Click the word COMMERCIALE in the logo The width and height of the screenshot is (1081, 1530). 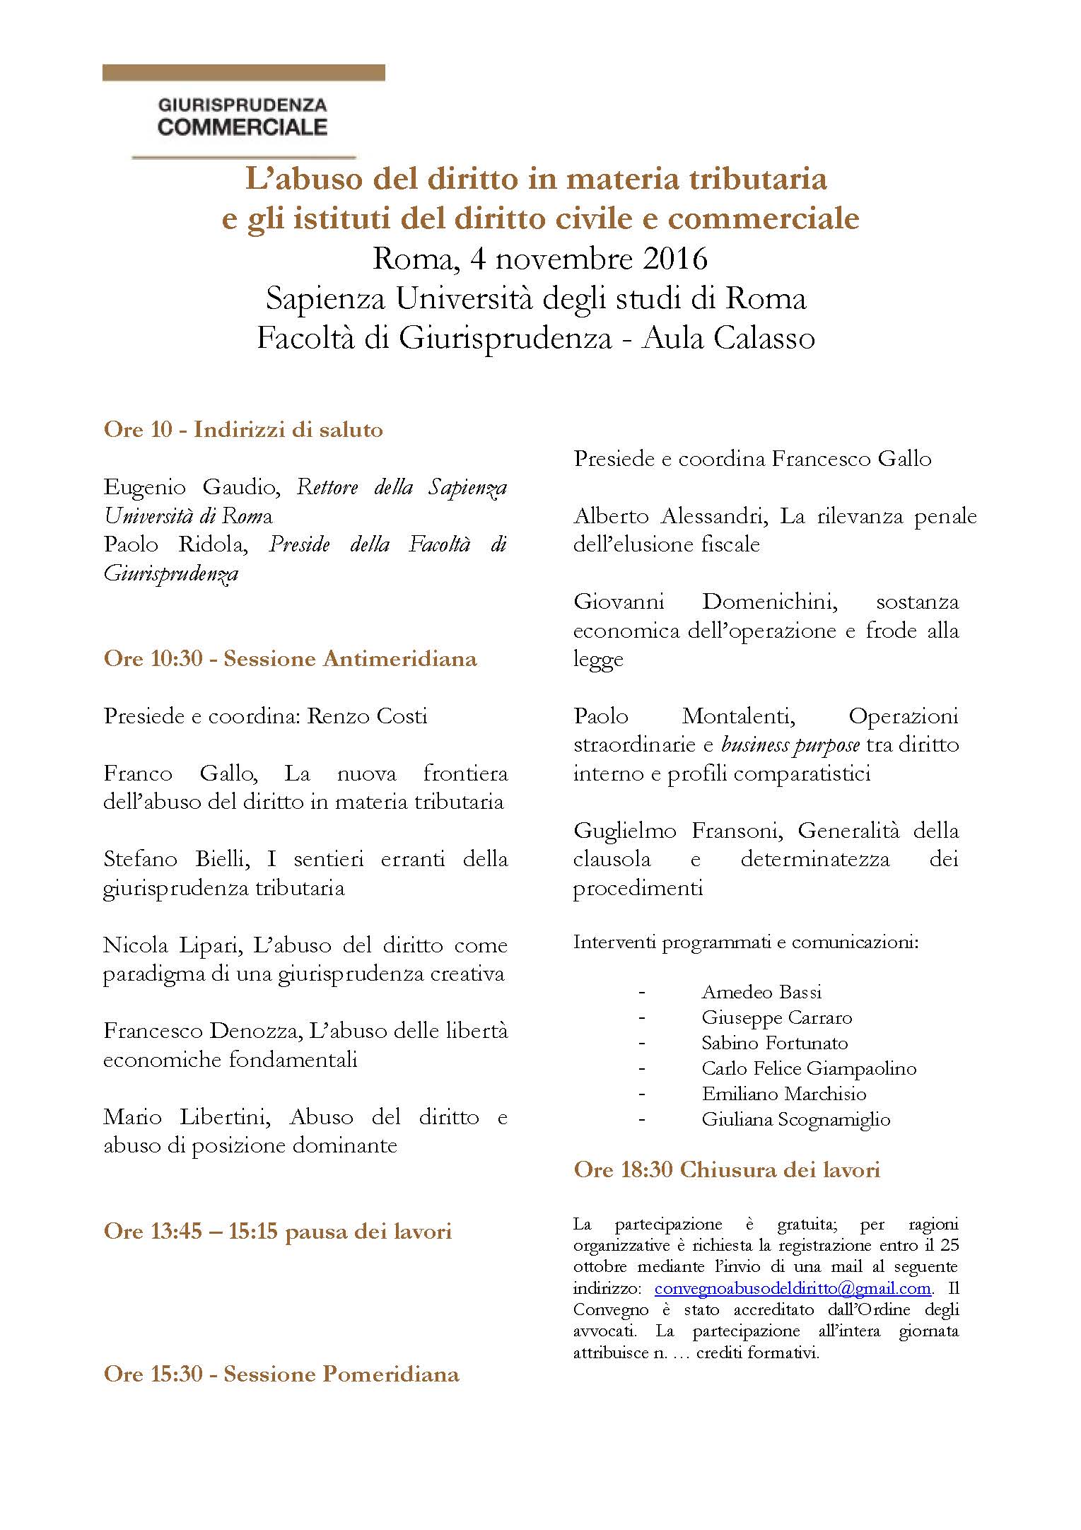(x=243, y=127)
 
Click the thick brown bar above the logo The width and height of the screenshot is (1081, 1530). (x=243, y=73)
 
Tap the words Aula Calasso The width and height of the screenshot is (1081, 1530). (x=728, y=339)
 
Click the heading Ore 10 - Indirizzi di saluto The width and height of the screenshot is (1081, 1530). (x=243, y=430)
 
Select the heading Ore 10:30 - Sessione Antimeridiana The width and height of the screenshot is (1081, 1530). (x=290, y=659)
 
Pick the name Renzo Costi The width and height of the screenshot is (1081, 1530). (x=366, y=716)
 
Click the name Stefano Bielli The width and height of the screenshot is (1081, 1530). (x=178, y=859)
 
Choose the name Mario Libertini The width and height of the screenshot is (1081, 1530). (x=185, y=1117)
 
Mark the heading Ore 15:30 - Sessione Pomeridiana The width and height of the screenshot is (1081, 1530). (x=281, y=1374)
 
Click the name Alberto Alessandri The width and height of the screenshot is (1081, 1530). (x=670, y=516)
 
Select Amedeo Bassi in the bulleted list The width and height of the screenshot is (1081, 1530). (x=761, y=992)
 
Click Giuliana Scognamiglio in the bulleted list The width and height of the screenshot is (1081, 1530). (x=795, y=1119)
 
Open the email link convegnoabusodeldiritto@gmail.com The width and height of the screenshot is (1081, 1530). (x=793, y=1287)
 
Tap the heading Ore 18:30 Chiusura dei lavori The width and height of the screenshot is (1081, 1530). (x=727, y=1170)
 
